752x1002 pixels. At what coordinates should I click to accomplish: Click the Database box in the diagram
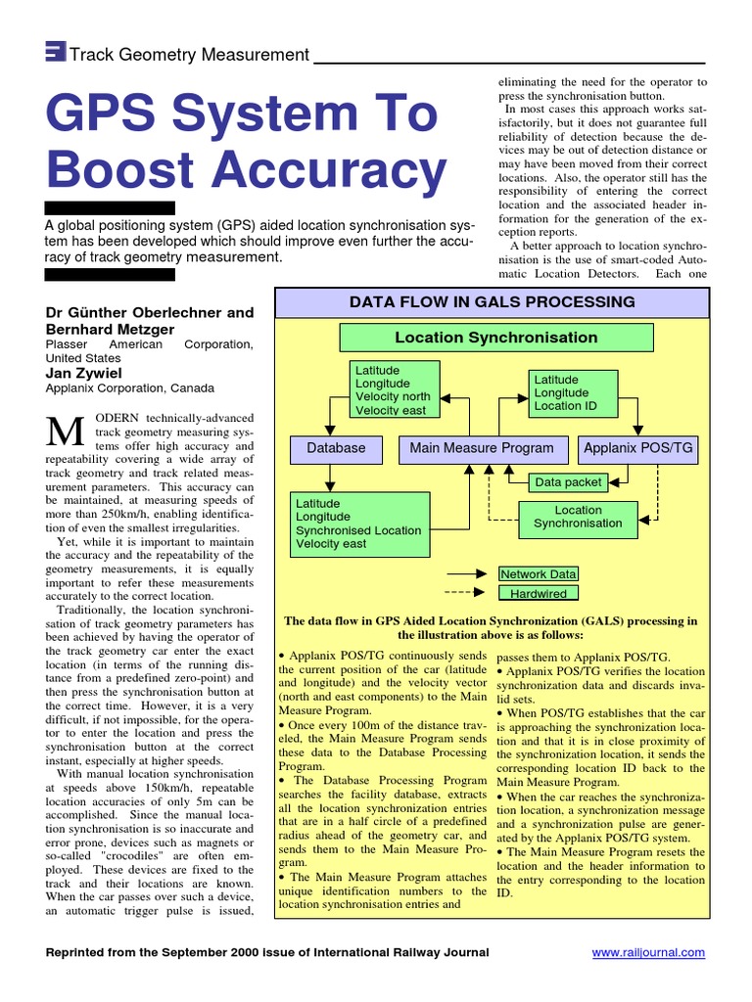coord(336,449)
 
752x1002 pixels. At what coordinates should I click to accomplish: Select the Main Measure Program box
coord(481,449)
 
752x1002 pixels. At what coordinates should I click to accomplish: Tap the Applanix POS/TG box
coord(637,449)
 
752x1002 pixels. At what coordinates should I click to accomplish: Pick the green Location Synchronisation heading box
coord(495,338)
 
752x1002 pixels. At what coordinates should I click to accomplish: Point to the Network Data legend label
coord(539,574)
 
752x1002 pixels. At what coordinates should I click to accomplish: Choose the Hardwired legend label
coord(539,593)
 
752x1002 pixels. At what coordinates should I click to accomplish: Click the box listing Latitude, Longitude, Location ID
coord(578,392)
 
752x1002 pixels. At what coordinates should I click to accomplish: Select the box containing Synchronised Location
coord(359,524)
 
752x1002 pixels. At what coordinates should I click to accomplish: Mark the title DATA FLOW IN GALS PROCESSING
coord(492,302)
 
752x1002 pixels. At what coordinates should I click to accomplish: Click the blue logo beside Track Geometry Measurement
coord(56,54)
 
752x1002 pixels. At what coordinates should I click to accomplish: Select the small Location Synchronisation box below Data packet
coord(578,517)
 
